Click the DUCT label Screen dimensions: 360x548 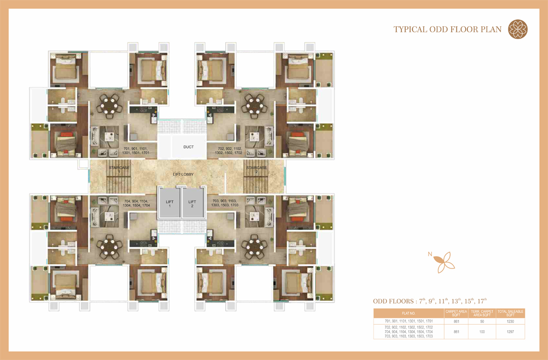coord(188,147)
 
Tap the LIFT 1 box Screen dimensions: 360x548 coord(169,204)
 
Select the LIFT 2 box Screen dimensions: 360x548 coord(192,204)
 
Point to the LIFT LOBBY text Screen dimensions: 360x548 coord(183,174)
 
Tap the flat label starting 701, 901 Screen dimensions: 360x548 coord(136,151)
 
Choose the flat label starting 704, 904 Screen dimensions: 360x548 coord(137,203)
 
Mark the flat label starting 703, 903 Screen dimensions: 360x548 coord(225,203)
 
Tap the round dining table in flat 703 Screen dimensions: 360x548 coord(254,247)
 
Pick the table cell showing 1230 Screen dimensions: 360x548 coord(510,321)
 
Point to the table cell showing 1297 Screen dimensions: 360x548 coord(510,332)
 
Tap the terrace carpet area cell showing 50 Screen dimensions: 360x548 coord(482,321)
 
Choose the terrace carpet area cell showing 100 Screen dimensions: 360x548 coord(482,332)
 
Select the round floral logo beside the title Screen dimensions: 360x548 coord(518,29)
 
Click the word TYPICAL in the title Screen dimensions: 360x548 coord(410,29)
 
